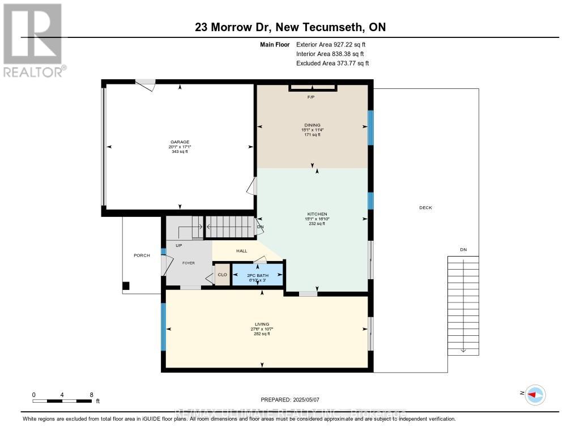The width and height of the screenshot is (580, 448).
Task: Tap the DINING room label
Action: coord(312,125)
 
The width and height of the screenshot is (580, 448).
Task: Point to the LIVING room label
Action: coord(261,324)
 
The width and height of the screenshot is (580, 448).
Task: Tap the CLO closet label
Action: coord(222,275)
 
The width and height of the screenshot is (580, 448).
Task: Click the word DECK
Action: coord(425,208)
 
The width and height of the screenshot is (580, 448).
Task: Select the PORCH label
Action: coord(142,255)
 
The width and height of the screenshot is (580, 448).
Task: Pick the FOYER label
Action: coord(188,263)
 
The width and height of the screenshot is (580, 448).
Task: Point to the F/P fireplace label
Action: coord(310,97)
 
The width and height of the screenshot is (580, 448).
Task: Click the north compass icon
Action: coord(535,395)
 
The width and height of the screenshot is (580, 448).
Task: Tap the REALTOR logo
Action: coord(33,40)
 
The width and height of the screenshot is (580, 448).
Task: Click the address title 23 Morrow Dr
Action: coord(289,27)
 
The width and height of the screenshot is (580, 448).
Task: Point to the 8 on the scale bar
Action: coord(91,395)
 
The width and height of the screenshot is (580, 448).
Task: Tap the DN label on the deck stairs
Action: coord(463,250)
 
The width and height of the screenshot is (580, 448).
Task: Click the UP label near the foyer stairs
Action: coord(179,246)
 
